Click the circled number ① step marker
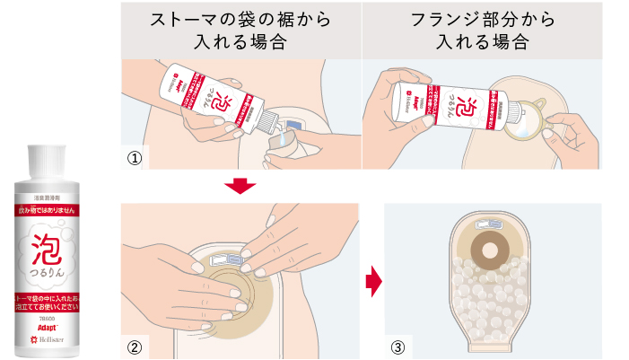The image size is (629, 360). (134, 158)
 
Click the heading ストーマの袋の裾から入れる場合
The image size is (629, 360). (240, 30)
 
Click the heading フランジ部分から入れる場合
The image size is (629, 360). (482, 30)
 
